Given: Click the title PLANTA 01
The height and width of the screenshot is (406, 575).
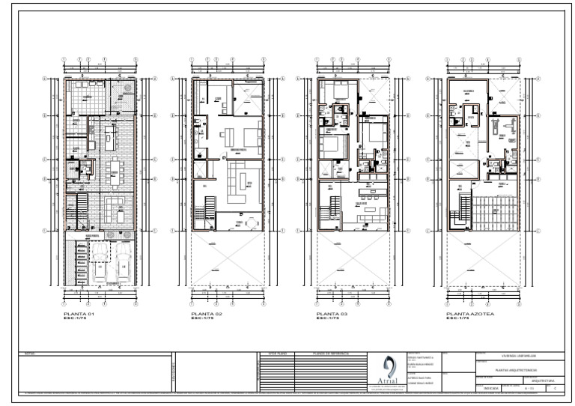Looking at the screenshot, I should click(x=79, y=314).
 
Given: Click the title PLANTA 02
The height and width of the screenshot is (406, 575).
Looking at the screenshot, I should click(x=207, y=314).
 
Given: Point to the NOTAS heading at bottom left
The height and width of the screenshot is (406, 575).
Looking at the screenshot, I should click(x=30, y=352).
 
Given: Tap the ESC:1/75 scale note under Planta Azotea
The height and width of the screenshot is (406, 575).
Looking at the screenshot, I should click(x=457, y=319).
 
